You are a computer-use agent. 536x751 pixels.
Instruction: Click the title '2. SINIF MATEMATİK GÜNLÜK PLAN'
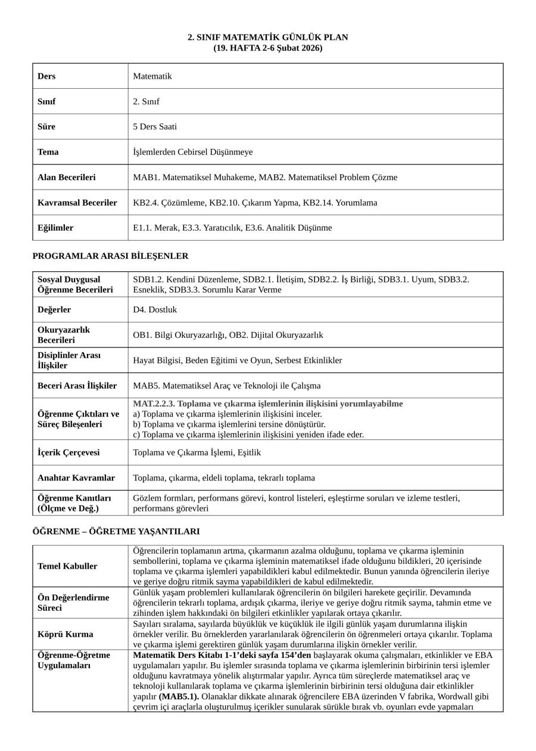(x=268, y=37)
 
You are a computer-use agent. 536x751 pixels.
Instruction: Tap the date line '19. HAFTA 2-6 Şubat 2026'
(x=268, y=48)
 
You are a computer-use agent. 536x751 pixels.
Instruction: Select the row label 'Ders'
(x=46, y=76)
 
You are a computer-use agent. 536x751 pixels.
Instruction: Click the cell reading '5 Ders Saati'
(x=155, y=126)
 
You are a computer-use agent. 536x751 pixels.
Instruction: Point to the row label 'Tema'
(x=48, y=152)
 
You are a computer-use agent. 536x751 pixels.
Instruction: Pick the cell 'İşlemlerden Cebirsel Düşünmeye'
(x=193, y=152)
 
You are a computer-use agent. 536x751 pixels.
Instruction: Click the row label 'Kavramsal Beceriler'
(x=77, y=203)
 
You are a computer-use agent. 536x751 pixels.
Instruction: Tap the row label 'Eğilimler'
(x=55, y=228)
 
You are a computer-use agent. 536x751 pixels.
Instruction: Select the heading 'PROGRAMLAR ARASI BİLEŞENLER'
(x=110, y=256)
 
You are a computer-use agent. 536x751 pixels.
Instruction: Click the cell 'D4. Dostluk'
(x=155, y=310)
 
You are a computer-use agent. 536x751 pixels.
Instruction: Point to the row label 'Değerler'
(x=54, y=310)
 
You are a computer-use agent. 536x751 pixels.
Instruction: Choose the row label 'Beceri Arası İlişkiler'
(x=77, y=386)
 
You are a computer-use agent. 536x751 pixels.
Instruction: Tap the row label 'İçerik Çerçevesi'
(x=68, y=452)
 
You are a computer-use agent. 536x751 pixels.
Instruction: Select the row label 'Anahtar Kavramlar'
(x=76, y=477)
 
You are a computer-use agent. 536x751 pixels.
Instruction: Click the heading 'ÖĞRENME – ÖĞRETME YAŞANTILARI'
(x=116, y=532)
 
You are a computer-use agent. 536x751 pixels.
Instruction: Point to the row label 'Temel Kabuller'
(x=67, y=566)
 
